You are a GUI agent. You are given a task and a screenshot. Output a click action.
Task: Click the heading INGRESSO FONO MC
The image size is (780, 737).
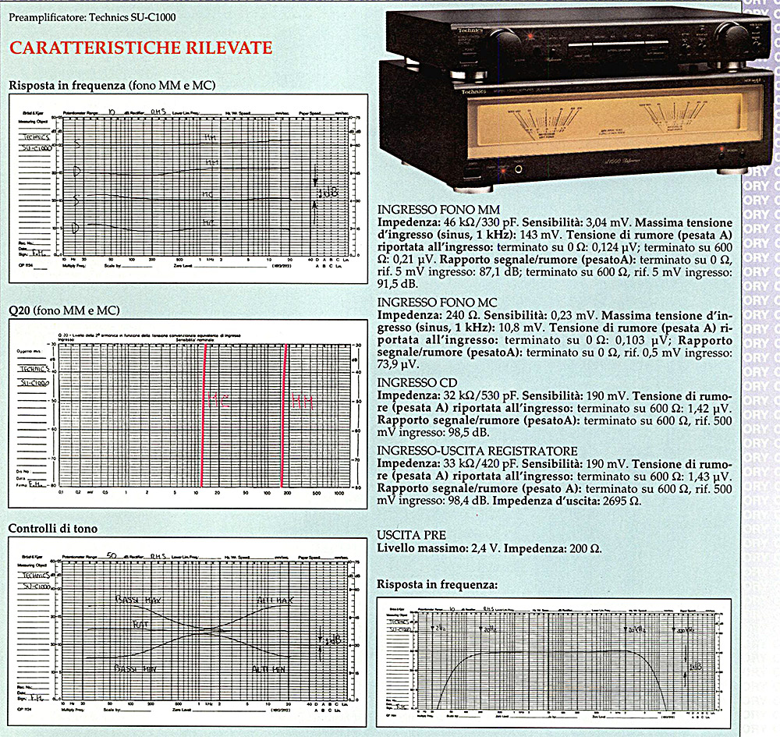point(437,302)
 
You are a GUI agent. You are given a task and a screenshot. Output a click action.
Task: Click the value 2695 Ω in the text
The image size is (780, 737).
point(619,501)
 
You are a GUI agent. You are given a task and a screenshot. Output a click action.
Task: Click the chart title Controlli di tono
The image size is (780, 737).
point(53,529)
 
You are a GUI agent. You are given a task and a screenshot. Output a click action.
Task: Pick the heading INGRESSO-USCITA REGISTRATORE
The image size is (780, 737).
point(477,450)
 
